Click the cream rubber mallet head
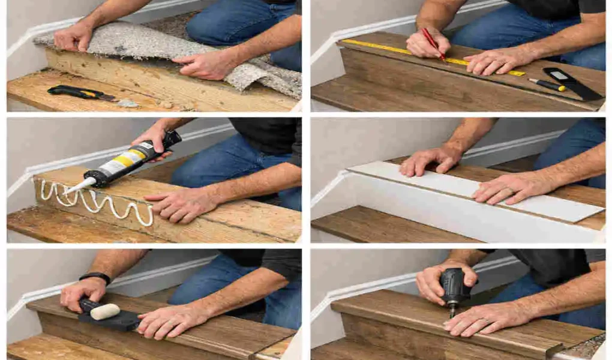(105, 311)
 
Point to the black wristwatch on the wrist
(95, 277)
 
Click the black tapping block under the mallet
(114, 322)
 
